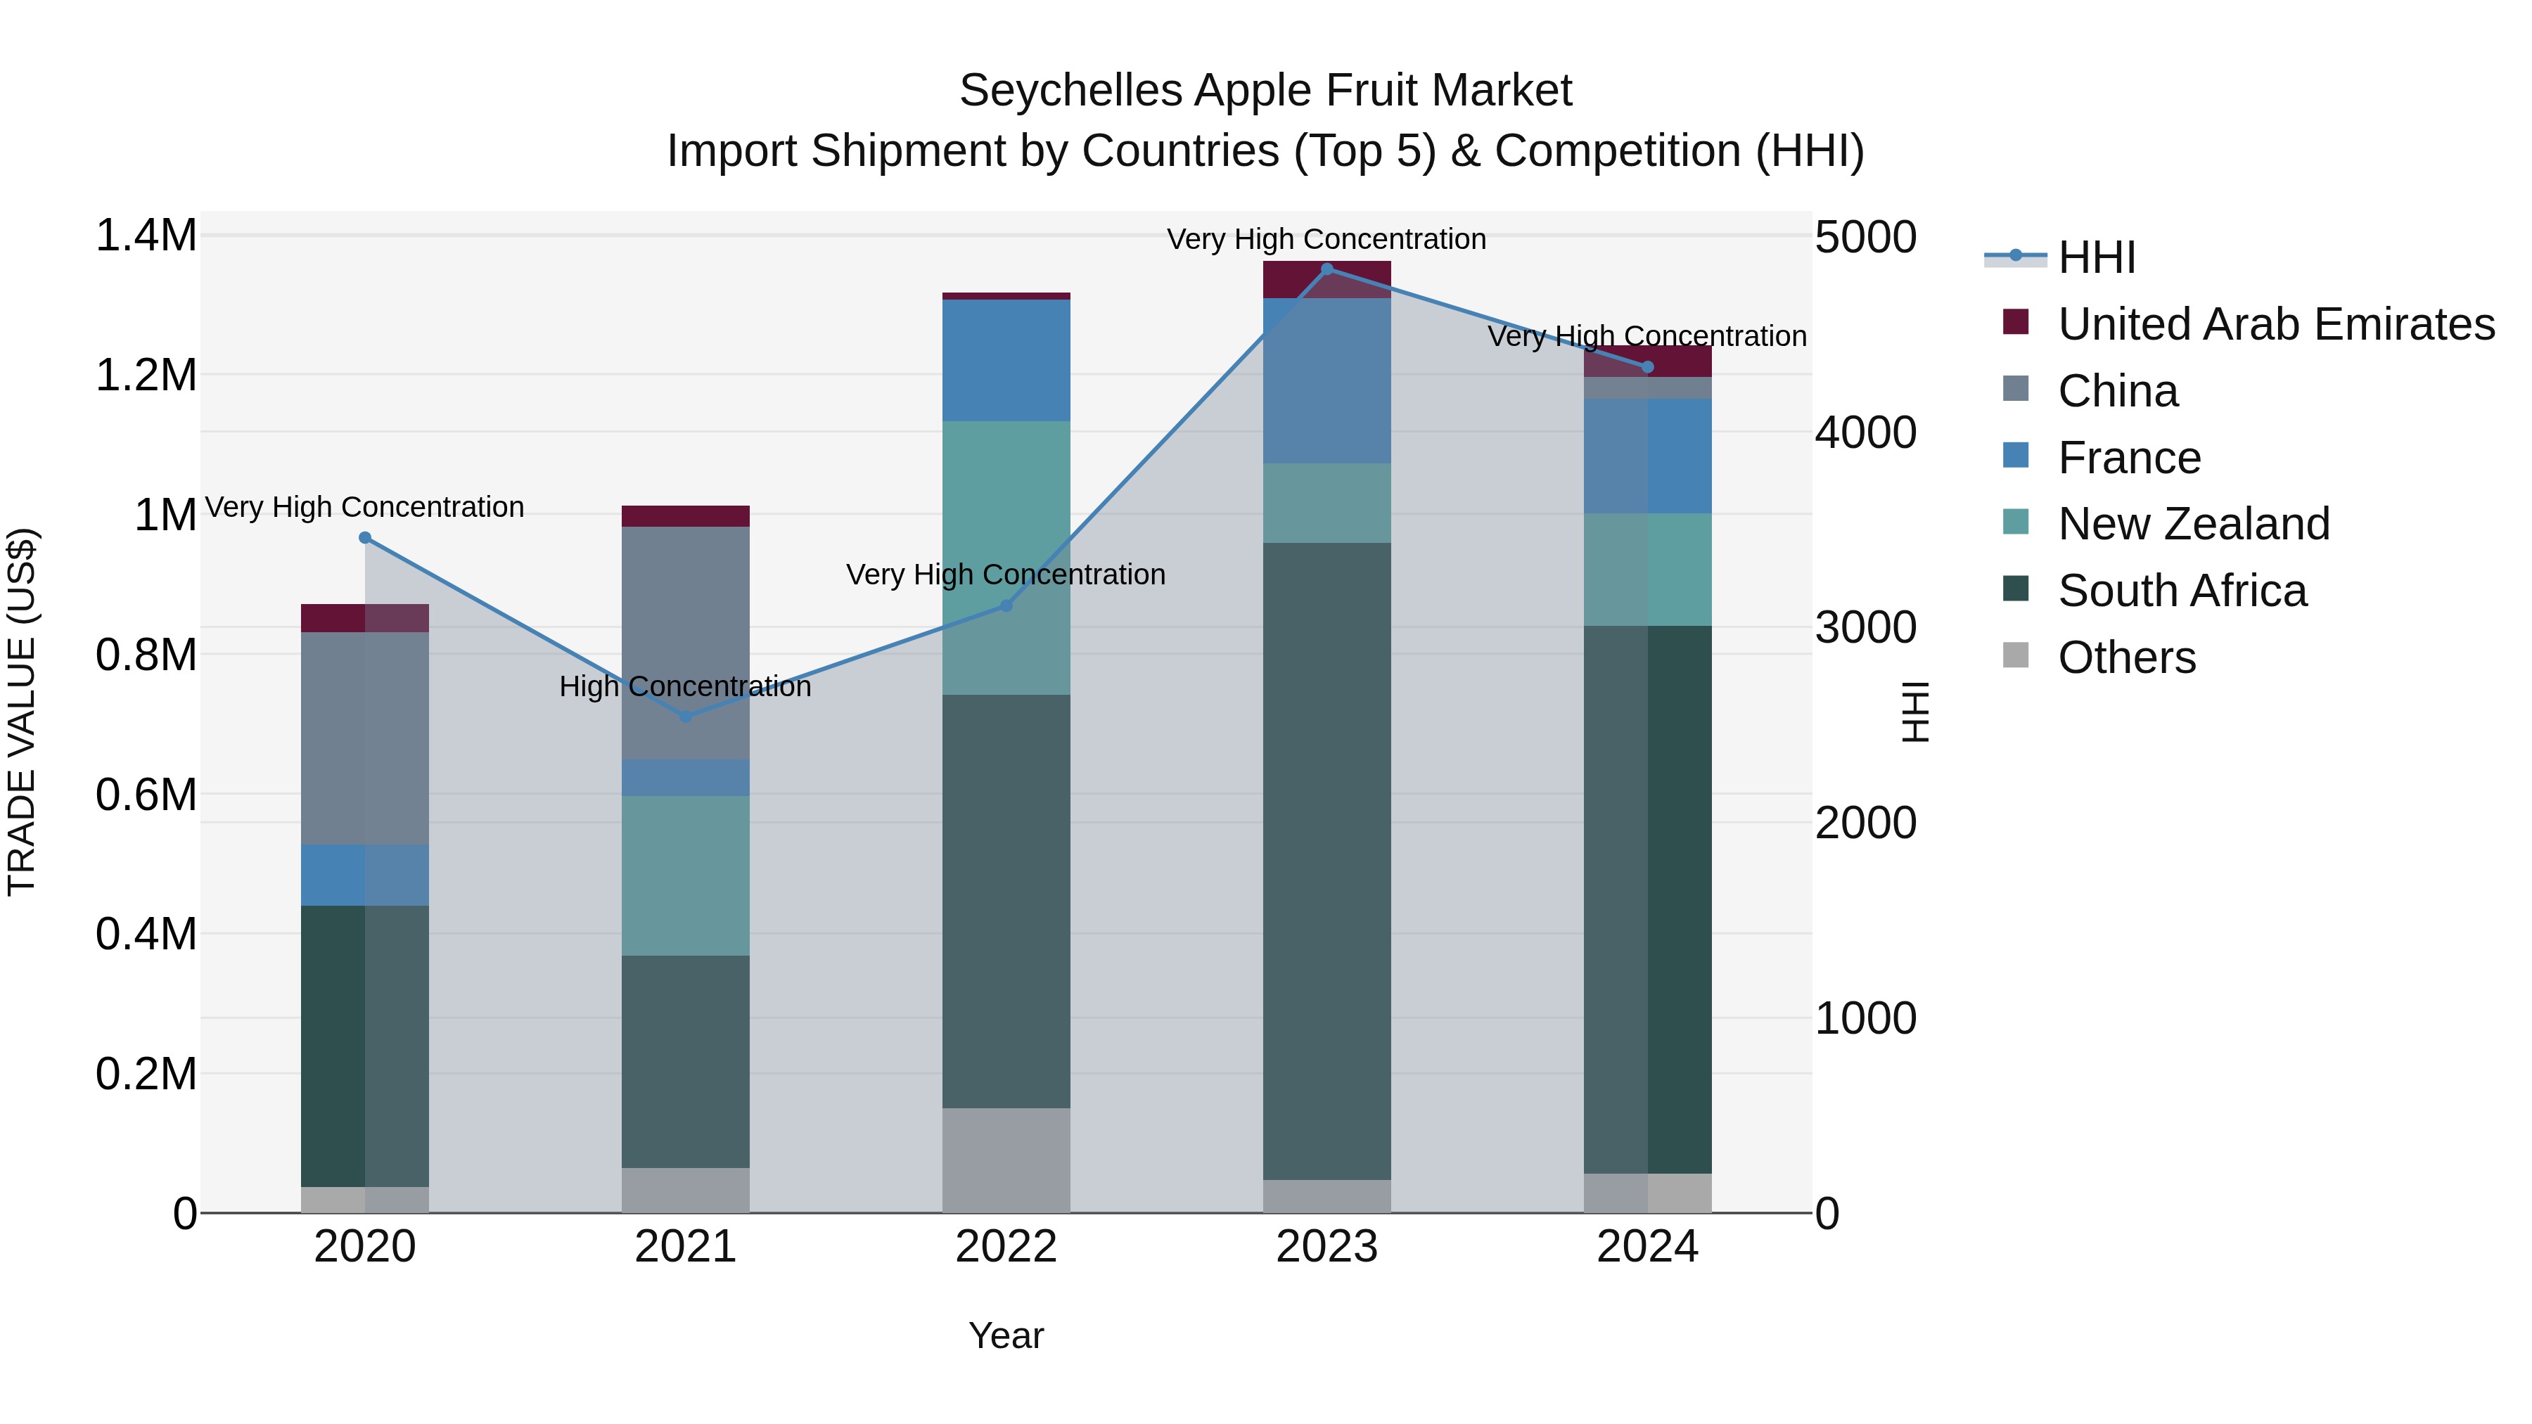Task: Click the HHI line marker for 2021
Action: click(685, 717)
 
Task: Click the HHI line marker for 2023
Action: click(1327, 269)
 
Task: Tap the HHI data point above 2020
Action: click(364, 537)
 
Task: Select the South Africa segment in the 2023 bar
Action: click(1327, 860)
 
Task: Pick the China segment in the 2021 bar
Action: click(685, 643)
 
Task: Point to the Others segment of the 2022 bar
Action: click(1006, 1160)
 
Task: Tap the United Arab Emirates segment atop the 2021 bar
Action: click(685, 516)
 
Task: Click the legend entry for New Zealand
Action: click(2193, 524)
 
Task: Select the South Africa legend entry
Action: click(2181, 591)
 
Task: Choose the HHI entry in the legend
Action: click(2096, 257)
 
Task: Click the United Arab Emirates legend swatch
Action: click(2015, 322)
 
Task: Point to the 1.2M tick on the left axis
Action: click(146, 376)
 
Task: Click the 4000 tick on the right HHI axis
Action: click(1865, 432)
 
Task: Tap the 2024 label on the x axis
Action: click(1647, 1247)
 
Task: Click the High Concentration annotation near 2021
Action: click(685, 686)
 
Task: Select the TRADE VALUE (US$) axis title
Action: click(22, 712)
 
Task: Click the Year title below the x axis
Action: click(1006, 1335)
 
